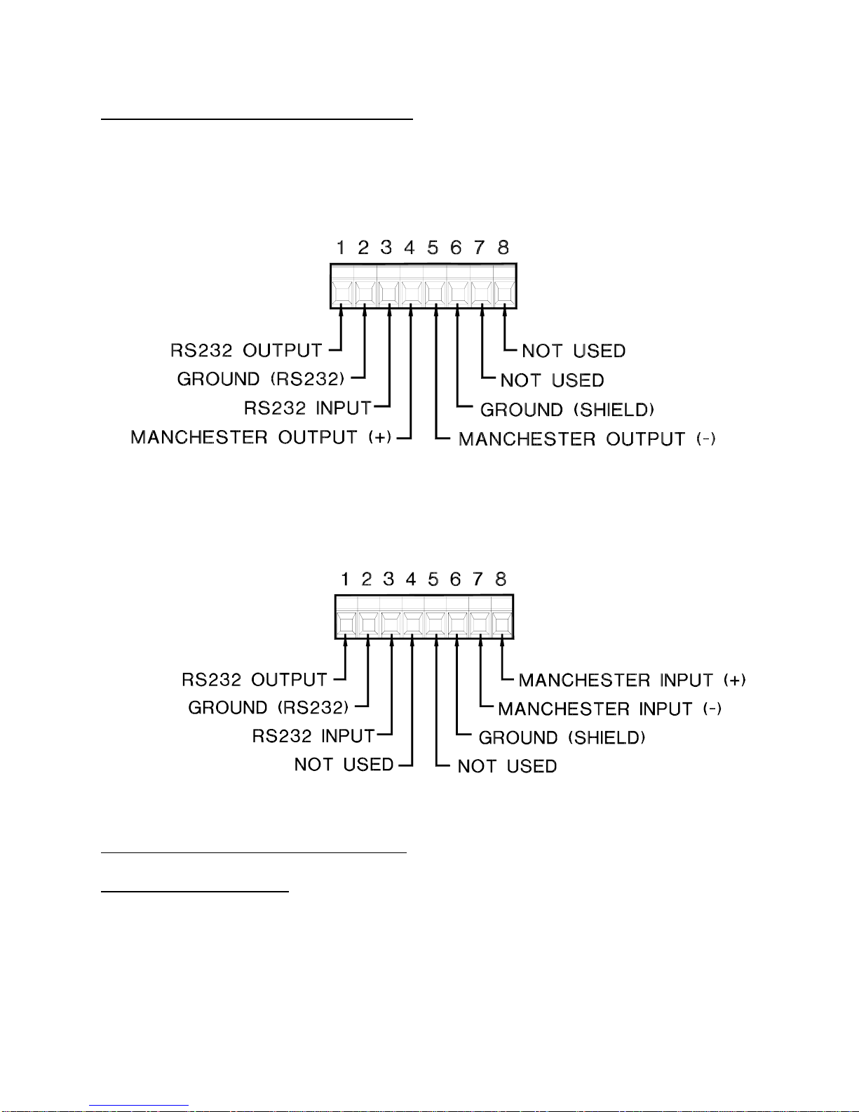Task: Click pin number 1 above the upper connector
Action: pyautogui.click(x=341, y=248)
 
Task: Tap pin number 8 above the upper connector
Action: pyautogui.click(x=503, y=248)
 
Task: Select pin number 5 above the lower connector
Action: pyautogui.click(x=433, y=580)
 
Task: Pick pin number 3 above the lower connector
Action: pyautogui.click(x=388, y=580)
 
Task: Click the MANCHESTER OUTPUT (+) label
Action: pyautogui.click(x=261, y=438)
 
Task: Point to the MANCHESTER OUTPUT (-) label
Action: pyautogui.click(x=587, y=439)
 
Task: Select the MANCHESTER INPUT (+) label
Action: pyautogui.click(x=632, y=681)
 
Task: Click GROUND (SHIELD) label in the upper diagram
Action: pyautogui.click(x=567, y=410)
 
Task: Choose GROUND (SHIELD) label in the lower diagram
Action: pyautogui.click(x=562, y=738)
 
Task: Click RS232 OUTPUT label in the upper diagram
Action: pyautogui.click(x=247, y=350)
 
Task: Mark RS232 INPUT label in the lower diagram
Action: pyautogui.click(x=313, y=736)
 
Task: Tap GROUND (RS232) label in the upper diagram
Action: pyautogui.click(x=261, y=380)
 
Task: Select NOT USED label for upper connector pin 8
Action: pyautogui.click(x=574, y=351)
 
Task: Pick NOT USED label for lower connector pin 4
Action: pyautogui.click(x=344, y=765)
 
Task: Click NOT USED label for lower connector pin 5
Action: pyautogui.click(x=507, y=766)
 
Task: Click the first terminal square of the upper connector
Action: pyautogui.click(x=342, y=291)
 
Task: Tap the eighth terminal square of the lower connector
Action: pyautogui.click(x=501, y=623)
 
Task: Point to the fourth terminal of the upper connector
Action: pyautogui.click(x=412, y=291)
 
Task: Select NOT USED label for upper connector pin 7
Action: pyautogui.click(x=553, y=380)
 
